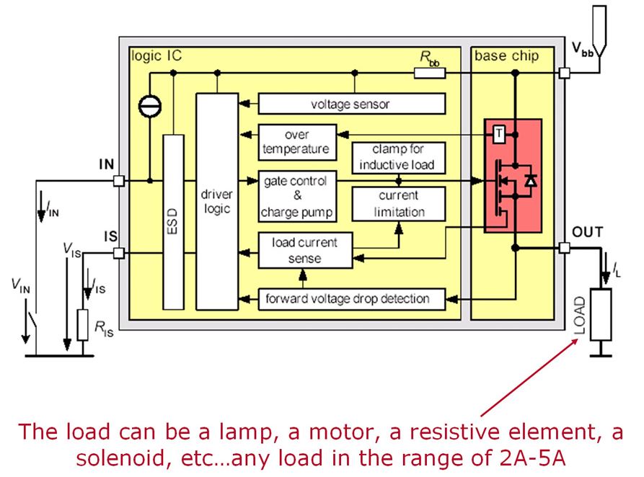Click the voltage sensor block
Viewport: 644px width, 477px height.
click(x=350, y=104)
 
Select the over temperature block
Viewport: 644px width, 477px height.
click(x=296, y=142)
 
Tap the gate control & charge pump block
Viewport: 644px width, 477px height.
click(x=296, y=196)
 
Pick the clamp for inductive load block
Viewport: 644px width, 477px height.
click(x=397, y=156)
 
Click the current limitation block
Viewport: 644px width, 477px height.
click(x=397, y=204)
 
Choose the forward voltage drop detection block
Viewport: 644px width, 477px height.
click(x=352, y=298)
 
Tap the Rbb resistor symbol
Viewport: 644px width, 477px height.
click(x=429, y=73)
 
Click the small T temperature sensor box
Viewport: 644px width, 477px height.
click(x=499, y=133)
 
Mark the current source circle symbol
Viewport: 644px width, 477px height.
click(x=150, y=106)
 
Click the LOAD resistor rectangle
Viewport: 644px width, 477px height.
click(x=599, y=314)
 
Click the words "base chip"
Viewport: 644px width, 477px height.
click(x=506, y=55)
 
